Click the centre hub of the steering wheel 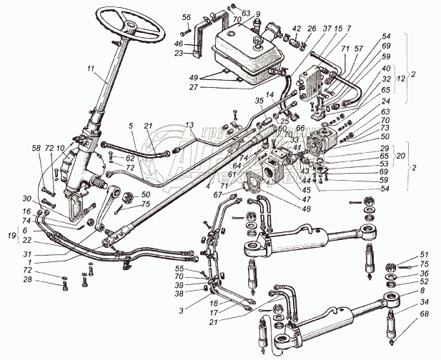coord(132,26)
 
